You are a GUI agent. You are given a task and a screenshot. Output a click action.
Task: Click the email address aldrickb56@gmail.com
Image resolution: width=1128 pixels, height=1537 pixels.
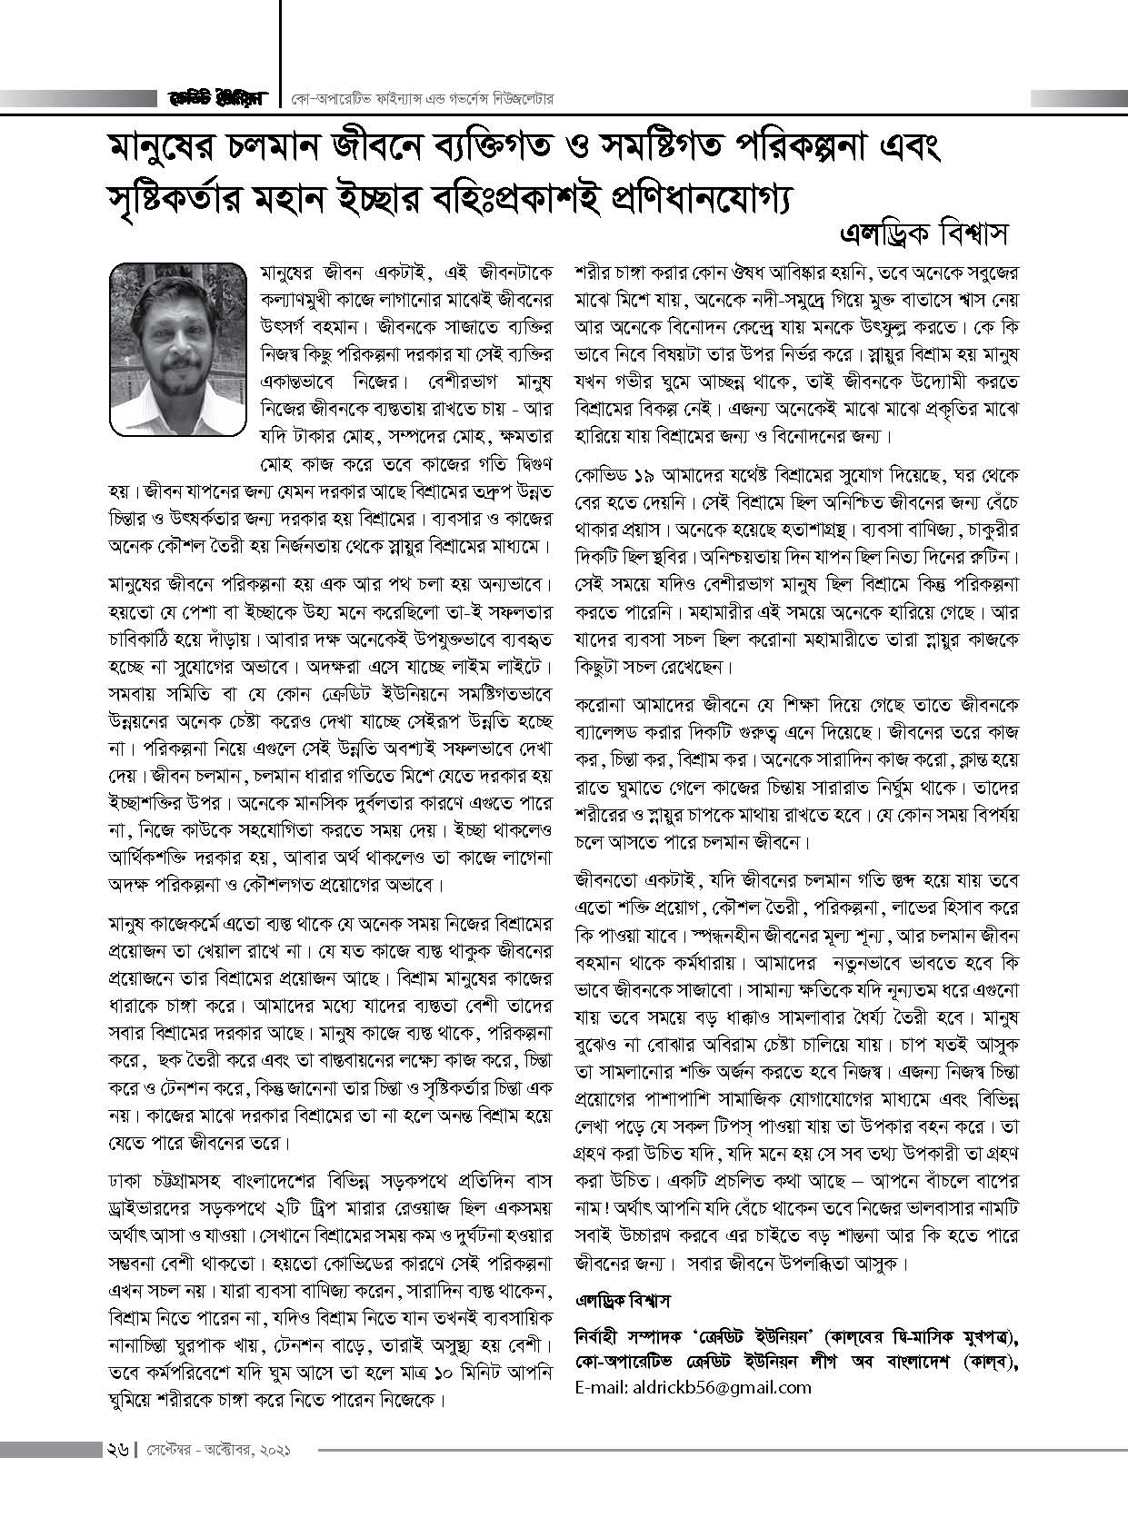[x=694, y=1387]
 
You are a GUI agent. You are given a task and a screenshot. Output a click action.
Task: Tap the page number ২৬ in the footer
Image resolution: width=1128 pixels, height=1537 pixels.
[x=115, y=1452]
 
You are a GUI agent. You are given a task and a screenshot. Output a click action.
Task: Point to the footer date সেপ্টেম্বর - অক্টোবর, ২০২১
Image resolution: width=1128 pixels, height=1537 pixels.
[x=218, y=1452]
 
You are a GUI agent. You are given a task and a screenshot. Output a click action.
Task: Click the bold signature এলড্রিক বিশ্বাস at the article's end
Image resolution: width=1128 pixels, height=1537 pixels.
[x=623, y=1301]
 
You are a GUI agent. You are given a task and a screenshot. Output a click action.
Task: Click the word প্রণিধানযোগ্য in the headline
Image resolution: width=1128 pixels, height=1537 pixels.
[x=691, y=197]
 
